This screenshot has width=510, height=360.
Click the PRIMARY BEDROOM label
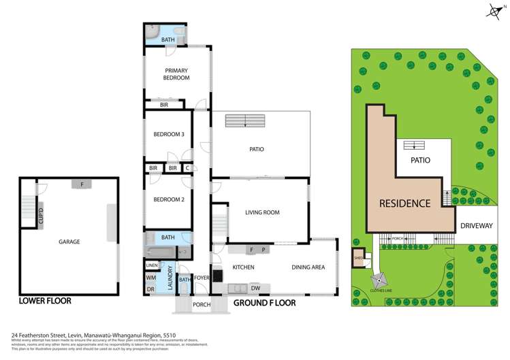pyautogui.click(x=176, y=74)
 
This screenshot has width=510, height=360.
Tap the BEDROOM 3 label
pyautogui.click(x=168, y=135)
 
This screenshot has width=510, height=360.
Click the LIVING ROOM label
pyautogui.click(x=262, y=212)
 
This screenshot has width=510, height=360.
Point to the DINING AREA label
pyautogui.click(x=308, y=267)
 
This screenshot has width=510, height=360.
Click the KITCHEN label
pyautogui.click(x=243, y=267)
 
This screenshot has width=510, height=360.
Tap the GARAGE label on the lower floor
pyautogui.click(x=69, y=242)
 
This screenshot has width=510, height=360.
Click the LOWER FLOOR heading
pyautogui.click(x=45, y=301)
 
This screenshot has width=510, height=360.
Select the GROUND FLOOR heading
pyautogui.click(x=264, y=303)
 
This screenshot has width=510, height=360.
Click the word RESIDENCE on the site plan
pyautogui.click(x=404, y=203)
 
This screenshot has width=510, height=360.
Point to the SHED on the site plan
pyautogui.click(x=359, y=258)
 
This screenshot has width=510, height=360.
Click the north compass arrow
pyautogui.click(x=494, y=10)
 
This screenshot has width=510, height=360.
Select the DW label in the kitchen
pyautogui.click(x=255, y=288)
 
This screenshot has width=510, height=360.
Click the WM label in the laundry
pyautogui.click(x=151, y=278)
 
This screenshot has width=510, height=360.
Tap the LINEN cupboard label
pyautogui.click(x=152, y=265)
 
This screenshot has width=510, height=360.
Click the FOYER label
pyautogui.click(x=202, y=278)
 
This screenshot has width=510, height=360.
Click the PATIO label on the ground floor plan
pyautogui.click(x=256, y=149)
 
